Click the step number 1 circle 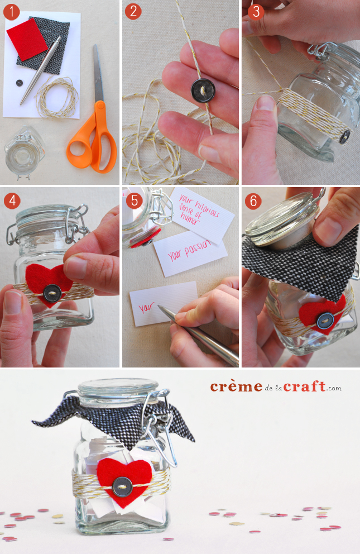click(x=11, y=12)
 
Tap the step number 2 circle click(x=133, y=11)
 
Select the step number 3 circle click(x=256, y=12)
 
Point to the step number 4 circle click(x=12, y=200)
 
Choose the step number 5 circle click(x=134, y=200)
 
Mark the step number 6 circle click(x=253, y=201)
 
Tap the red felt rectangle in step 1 click(x=27, y=39)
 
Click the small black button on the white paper click(x=20, y=83)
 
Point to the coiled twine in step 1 click(x=57, y=98)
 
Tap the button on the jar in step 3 click(x=345, y=137)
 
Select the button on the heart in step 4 click(x=52, y=293)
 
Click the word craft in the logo click(x=304, y=386)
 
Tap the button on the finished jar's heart click(x=122, y=487)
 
